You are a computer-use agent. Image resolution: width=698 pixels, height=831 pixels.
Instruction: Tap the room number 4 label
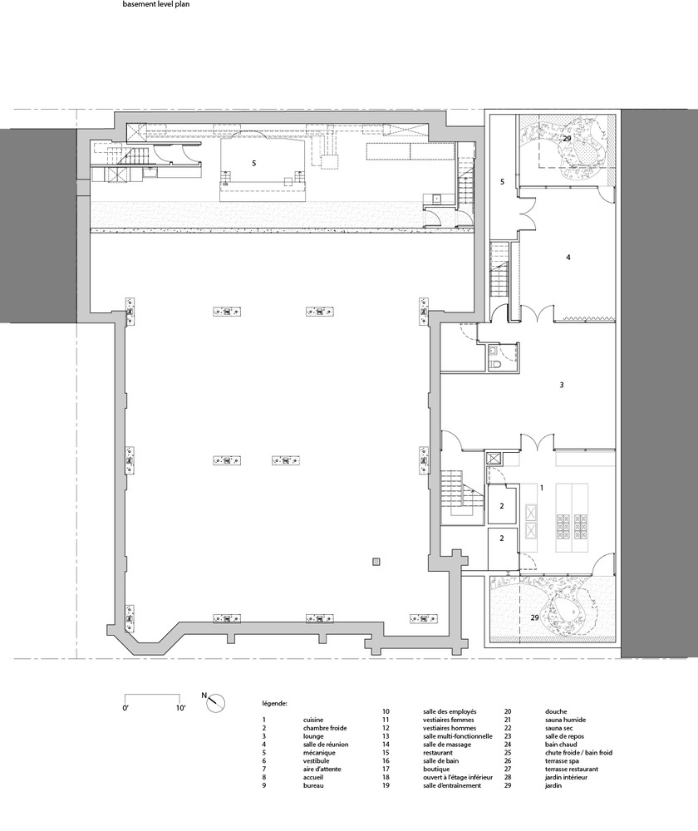[x=568, y=258]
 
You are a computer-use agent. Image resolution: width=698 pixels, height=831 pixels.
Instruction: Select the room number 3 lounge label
[x=562, y=385]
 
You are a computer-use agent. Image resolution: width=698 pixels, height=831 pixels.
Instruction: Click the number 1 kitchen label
[x=542, y=488]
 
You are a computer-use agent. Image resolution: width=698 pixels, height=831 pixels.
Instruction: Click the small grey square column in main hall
[x=376, y=562]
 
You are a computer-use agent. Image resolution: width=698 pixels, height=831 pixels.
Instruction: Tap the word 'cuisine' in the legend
[x=313, y=720]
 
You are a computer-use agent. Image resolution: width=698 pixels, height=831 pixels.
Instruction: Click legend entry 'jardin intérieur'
[x=566, y=777]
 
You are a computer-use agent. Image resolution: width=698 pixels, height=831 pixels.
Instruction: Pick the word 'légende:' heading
[x=275, y=704]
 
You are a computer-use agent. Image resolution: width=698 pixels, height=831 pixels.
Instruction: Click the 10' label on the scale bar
[x=180, y=707]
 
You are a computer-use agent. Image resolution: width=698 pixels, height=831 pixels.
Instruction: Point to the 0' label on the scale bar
[x=126, y=707]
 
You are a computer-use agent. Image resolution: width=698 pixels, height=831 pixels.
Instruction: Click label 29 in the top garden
[x=567, y=138]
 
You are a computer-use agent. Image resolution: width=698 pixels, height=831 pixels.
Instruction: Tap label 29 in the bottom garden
[x=535, y=617]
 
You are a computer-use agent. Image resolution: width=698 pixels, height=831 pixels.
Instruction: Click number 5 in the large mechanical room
[x=254, y=163]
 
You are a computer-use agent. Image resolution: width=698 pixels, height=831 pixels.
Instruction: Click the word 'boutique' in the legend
[x=436, y=769]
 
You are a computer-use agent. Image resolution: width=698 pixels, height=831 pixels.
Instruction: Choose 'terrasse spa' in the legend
[x=562, y=760]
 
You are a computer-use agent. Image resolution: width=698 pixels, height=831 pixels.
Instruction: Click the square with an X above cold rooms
[x=494, y=458]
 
